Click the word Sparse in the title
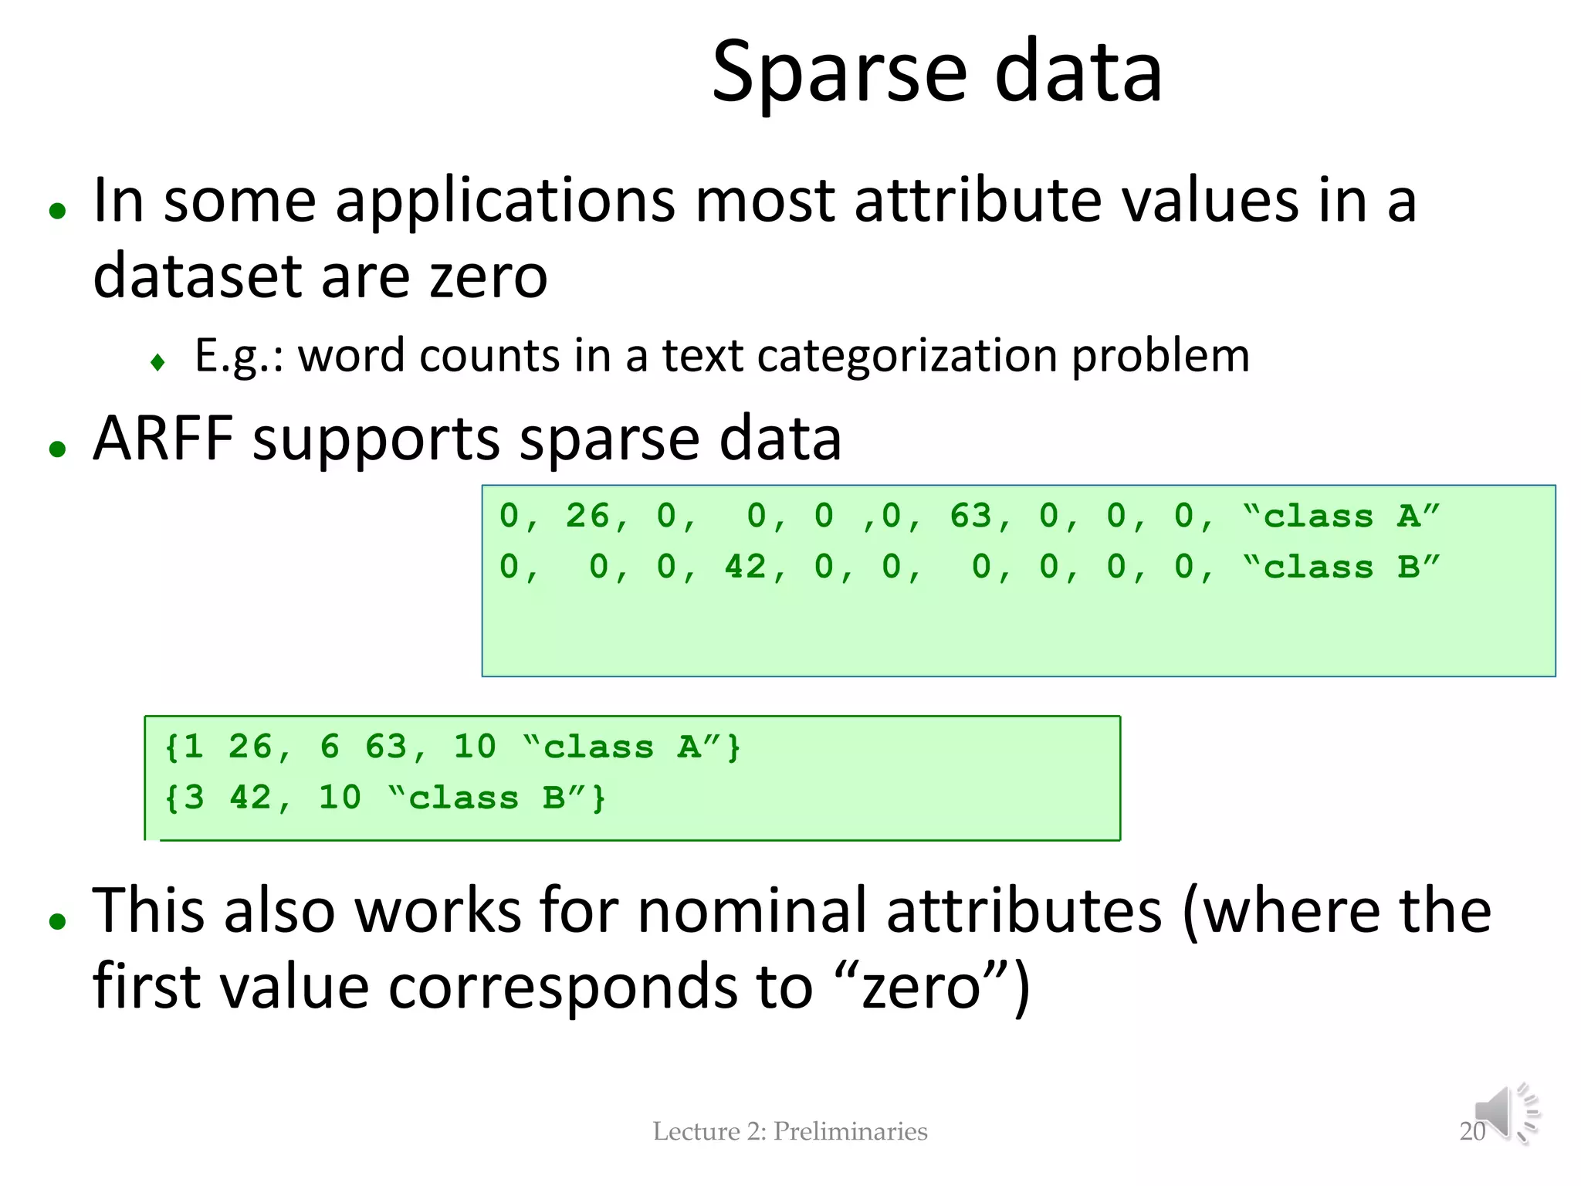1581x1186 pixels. click(838, 73)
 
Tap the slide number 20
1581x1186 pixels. click(1471, 1131)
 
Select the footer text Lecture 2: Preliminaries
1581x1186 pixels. click(790, 1131)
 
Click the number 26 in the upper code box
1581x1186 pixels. click(587, 516)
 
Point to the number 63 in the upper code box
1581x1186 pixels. click(970, 516)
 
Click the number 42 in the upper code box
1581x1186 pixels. click(745, 568)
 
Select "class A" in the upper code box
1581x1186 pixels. click(1342, 516)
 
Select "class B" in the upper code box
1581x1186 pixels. click(1342, 568)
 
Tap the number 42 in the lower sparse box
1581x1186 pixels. click(250, 798)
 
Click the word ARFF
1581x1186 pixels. click(163, 439)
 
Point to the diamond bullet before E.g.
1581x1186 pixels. click(158, 361)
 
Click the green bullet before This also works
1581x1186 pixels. click(57, 920)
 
